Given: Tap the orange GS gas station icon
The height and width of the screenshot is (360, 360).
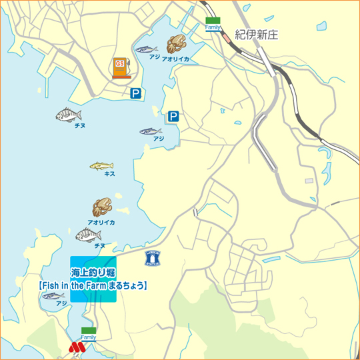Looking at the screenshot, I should (x=120, y=67).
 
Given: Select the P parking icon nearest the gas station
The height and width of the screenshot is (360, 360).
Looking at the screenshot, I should (x=136, y=94).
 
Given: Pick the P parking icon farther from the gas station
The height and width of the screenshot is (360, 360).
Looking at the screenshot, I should (x=173, y=117).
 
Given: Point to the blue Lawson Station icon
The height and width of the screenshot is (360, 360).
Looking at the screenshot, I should (x=153, y=259).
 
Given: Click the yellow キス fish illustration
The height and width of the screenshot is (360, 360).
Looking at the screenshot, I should (x=101, y=165).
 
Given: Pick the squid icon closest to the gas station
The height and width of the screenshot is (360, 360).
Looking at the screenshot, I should (x=175, y=45).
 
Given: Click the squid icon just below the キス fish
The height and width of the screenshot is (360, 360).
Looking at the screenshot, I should (x=101, y=207).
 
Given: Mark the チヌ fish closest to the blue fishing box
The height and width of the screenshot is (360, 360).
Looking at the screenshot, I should (x=89, y=235).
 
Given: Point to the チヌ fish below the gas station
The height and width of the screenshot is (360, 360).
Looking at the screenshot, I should (x=68, y=115).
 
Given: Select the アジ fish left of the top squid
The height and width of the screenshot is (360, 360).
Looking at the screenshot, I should (x=146, y=49).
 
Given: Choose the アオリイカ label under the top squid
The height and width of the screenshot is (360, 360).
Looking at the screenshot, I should (x=175, y=59).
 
